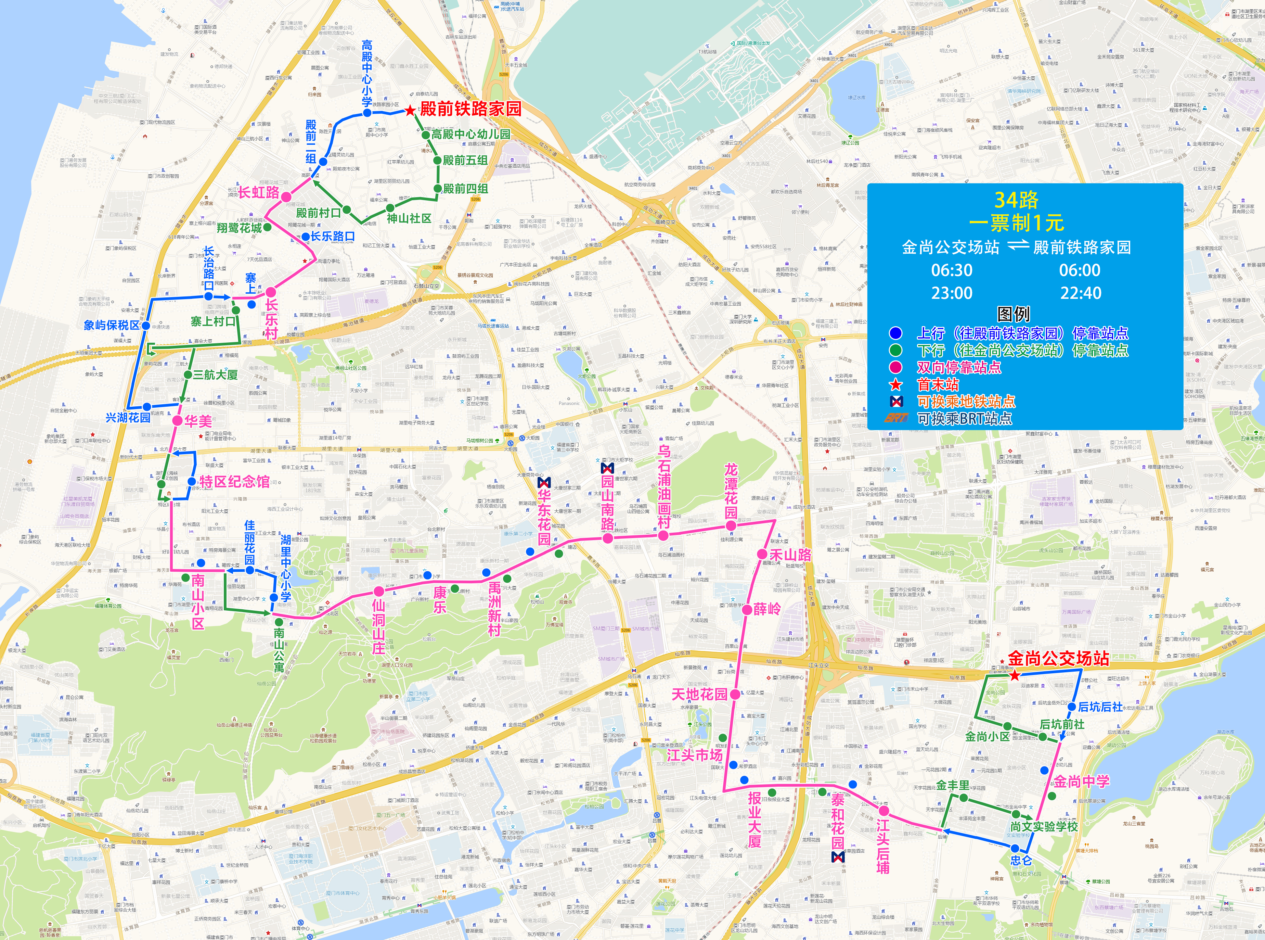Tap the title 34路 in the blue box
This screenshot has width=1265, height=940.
1016,200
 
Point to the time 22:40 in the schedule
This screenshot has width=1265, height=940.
1080,293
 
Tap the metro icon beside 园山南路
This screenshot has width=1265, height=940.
607,468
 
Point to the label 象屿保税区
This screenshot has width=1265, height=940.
112,325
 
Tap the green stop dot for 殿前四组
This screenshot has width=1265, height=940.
437,188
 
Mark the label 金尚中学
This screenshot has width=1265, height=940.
1081,781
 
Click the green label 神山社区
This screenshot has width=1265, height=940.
409,218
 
